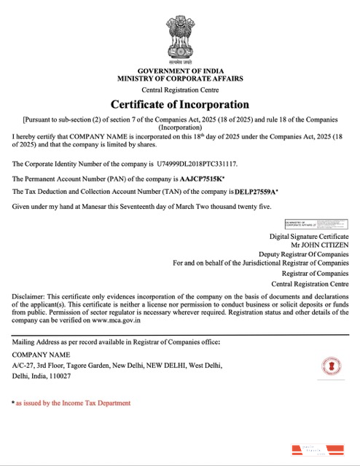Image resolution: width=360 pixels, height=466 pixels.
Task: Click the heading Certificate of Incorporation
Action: pyautogui.click(x=179, y=104)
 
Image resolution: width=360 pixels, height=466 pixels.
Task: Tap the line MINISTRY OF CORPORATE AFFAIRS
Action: pyautogui.click(x=179, y=77)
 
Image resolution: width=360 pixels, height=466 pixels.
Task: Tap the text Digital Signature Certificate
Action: pyautogui.click(x=309, y=236)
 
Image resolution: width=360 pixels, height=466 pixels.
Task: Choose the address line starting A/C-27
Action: pyautogui.click(x=117, y=365)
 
